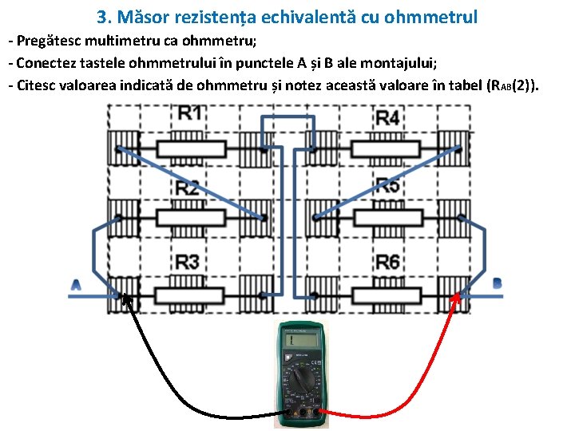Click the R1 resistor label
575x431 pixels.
[189, 113]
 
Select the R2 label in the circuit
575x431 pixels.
[188, 189]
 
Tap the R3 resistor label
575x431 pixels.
[188, 262]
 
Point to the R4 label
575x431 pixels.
[387, 117]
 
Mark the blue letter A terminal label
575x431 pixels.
[77, 285]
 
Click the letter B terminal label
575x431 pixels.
[498, 283]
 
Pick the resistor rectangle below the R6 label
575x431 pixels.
[387, 295]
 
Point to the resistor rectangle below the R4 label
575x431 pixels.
[387, 148]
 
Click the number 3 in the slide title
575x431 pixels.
[101, 17]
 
